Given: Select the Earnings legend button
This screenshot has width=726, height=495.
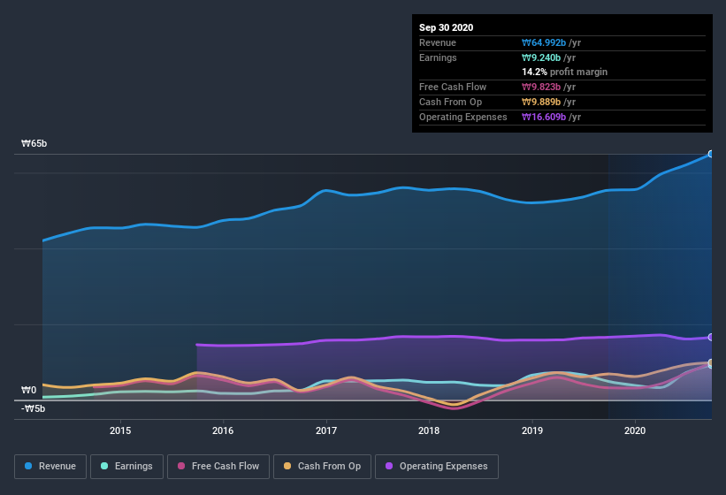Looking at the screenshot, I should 127,466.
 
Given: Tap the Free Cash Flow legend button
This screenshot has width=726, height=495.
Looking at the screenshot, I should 218,466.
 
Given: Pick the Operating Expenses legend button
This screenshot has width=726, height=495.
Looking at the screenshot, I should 437,466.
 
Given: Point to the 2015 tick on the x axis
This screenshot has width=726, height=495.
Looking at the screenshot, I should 120,430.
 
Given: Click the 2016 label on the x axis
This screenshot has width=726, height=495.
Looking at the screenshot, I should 223,430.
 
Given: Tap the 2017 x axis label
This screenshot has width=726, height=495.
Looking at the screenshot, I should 326,430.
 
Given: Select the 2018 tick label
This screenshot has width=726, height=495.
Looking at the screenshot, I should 429,430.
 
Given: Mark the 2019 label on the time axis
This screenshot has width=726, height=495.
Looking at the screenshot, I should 532,430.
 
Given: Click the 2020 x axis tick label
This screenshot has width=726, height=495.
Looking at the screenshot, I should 635,430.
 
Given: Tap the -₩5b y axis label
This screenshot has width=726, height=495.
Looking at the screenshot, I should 34,408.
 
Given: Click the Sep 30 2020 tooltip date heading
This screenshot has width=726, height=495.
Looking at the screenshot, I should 446,27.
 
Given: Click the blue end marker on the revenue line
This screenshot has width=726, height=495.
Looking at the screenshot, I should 711,154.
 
